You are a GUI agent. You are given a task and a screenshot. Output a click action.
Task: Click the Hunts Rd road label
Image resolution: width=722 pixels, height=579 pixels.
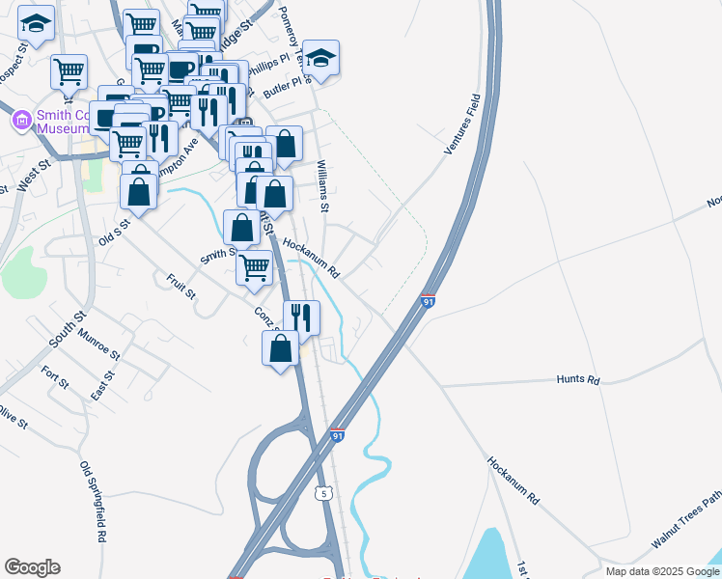[578, 380]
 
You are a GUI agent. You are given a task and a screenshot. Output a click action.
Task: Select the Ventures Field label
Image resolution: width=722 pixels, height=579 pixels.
[461, 124]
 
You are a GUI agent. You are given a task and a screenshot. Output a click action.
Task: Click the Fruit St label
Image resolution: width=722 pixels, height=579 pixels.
[180, 286]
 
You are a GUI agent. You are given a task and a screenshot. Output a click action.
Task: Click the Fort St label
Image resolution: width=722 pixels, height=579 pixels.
[56, 377]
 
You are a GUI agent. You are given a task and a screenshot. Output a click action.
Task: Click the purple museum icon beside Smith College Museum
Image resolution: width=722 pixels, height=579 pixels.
[21, 121]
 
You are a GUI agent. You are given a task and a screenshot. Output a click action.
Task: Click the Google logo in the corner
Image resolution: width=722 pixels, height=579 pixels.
[32, 567]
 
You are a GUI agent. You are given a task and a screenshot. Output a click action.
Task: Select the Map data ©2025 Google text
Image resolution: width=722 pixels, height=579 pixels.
[662, 571]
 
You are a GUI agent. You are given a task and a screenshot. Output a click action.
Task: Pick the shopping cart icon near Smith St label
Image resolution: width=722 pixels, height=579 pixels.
[255, 267]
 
